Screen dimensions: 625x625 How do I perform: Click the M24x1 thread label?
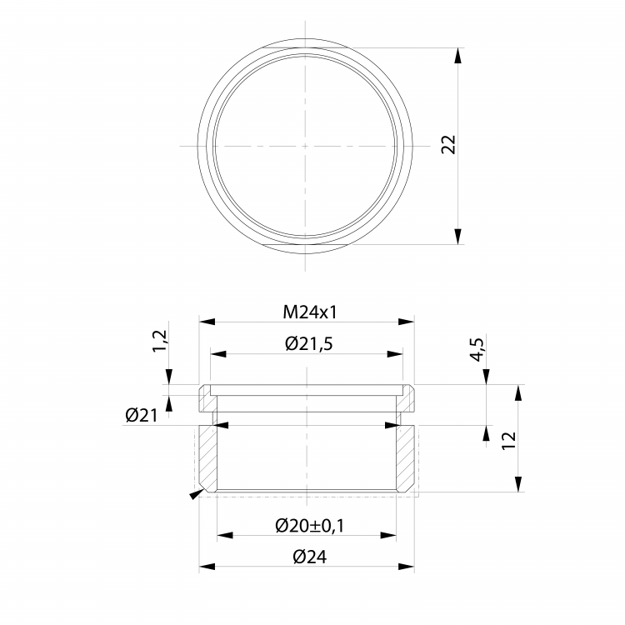[x=310, y=312]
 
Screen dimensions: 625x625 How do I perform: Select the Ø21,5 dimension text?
[x=309, y=343]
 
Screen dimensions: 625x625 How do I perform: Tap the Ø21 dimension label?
[x=142, y=416]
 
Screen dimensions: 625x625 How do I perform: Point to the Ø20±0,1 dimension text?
[x=309, y=526]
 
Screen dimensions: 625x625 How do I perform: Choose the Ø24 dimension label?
[x=310, y=557]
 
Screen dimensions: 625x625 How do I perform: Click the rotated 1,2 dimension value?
[x=161, y=341]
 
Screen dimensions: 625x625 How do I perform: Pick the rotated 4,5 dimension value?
[x=477, y=349]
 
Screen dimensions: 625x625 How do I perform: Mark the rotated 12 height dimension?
[x=508, y=441]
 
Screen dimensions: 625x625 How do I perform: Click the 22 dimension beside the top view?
[x=448, y=144]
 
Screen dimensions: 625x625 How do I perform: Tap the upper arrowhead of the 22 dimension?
[x=458, y=55]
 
